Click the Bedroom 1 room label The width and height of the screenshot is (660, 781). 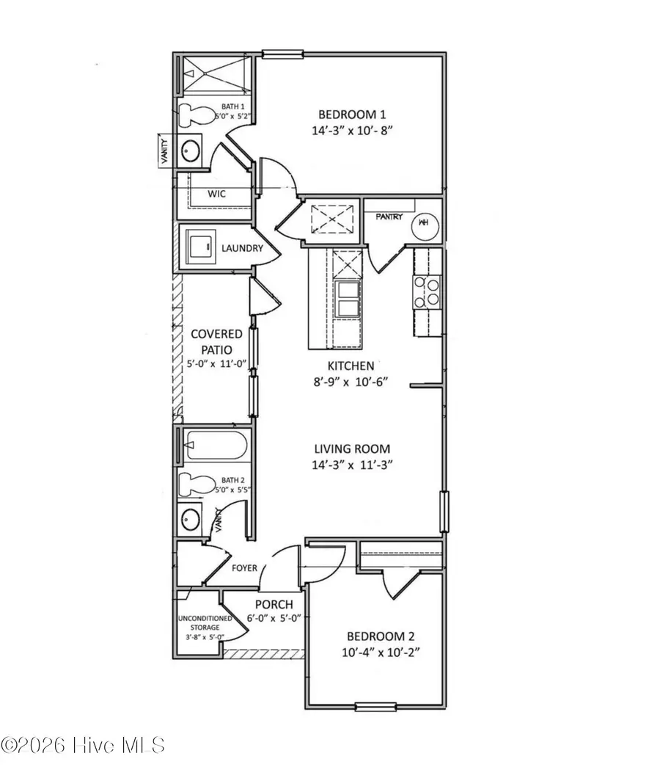coord(351,115)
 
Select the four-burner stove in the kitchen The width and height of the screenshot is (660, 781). coord(427,292)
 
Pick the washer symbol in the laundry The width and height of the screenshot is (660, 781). coord(199,248)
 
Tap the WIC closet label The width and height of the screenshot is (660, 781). coord(216,194)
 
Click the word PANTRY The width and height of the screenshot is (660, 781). coord(389,217)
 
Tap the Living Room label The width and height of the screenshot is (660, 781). coord(352,448)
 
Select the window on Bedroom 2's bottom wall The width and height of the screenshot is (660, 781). coord(375,707)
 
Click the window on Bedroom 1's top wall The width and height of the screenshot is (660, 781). coord(283,53)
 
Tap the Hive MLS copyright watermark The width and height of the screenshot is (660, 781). coord(82,745)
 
